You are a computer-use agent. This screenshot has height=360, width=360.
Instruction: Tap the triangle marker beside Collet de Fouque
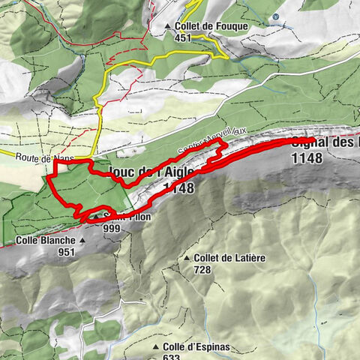click(x=169, y=26)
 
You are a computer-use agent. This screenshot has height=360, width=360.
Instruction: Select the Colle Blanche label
click(x=45, y=241)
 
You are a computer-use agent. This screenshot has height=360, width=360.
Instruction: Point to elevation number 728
click(x=202, y=270)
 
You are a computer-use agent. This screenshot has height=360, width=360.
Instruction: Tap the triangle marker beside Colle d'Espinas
click(x=156, y=347)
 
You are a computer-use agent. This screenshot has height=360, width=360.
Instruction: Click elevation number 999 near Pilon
click(x=112, y=228)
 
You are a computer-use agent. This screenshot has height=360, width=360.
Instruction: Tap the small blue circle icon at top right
click(x=276, y=16)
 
